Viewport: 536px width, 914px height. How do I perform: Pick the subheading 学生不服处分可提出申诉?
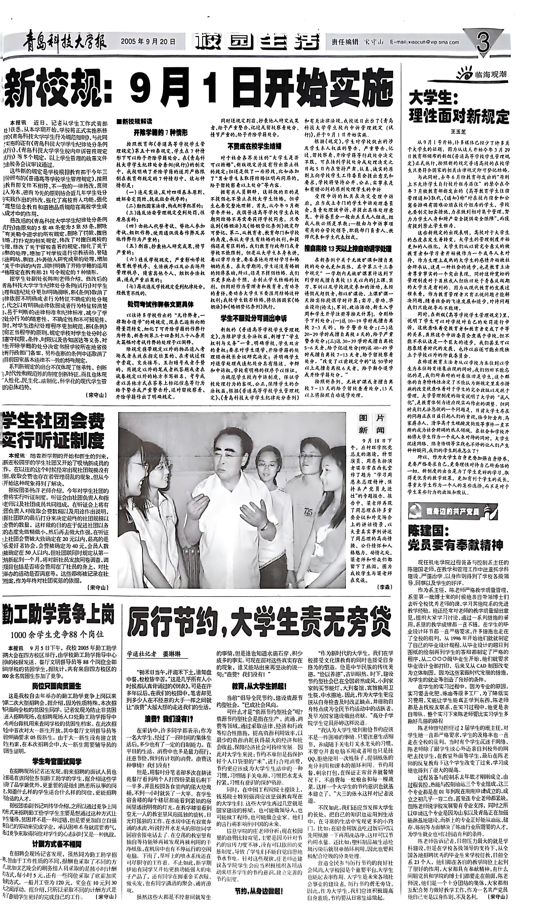(x=254, y=319)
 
